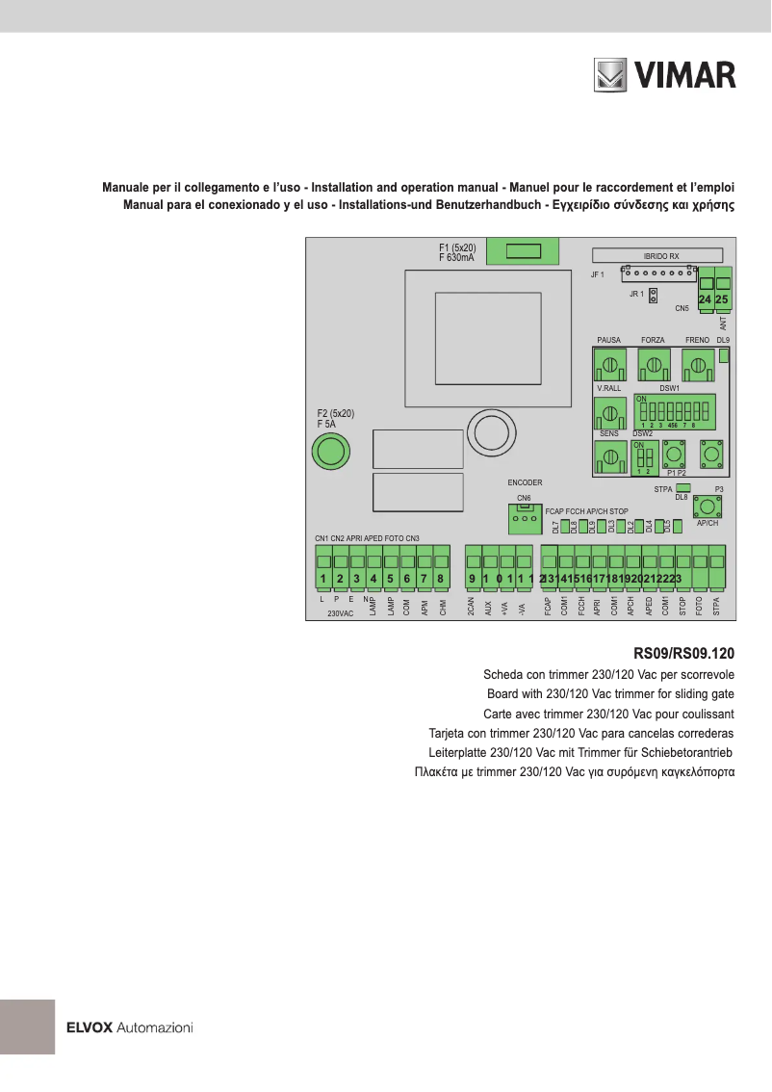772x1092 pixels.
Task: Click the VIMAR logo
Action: pyautogui.click(x=663, y=75)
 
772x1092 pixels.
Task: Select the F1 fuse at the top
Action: pyautogui.click(x=524, y=252)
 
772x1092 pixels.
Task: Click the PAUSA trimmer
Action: pyautogui.click(x=609, y=365)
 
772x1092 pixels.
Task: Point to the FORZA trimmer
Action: pyautogui.click(x=654, y=365)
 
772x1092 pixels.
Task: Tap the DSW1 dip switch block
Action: pyautogui.click(x=673, y=412)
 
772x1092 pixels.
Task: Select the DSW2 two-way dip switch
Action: pyautogui.click(x=644, y=456)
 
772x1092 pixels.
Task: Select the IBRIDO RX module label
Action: pyautogui.click(x=660, y=256)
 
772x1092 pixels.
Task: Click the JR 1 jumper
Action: pyautogui.click(x=653, y=294)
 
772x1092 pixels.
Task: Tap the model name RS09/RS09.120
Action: pyautogui.click(x=684, y=652)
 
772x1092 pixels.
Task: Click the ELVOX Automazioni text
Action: pyautogui.click(x=129, y=1027)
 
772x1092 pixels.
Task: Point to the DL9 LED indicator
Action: pyautogui.click(x=724, y=354)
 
